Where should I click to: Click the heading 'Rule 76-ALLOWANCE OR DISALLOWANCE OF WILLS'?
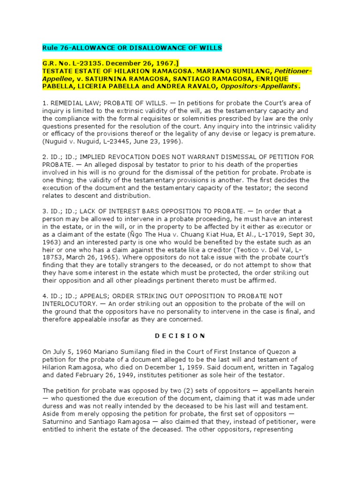pos(133,48)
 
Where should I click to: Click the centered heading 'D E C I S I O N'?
pos(180,335)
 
